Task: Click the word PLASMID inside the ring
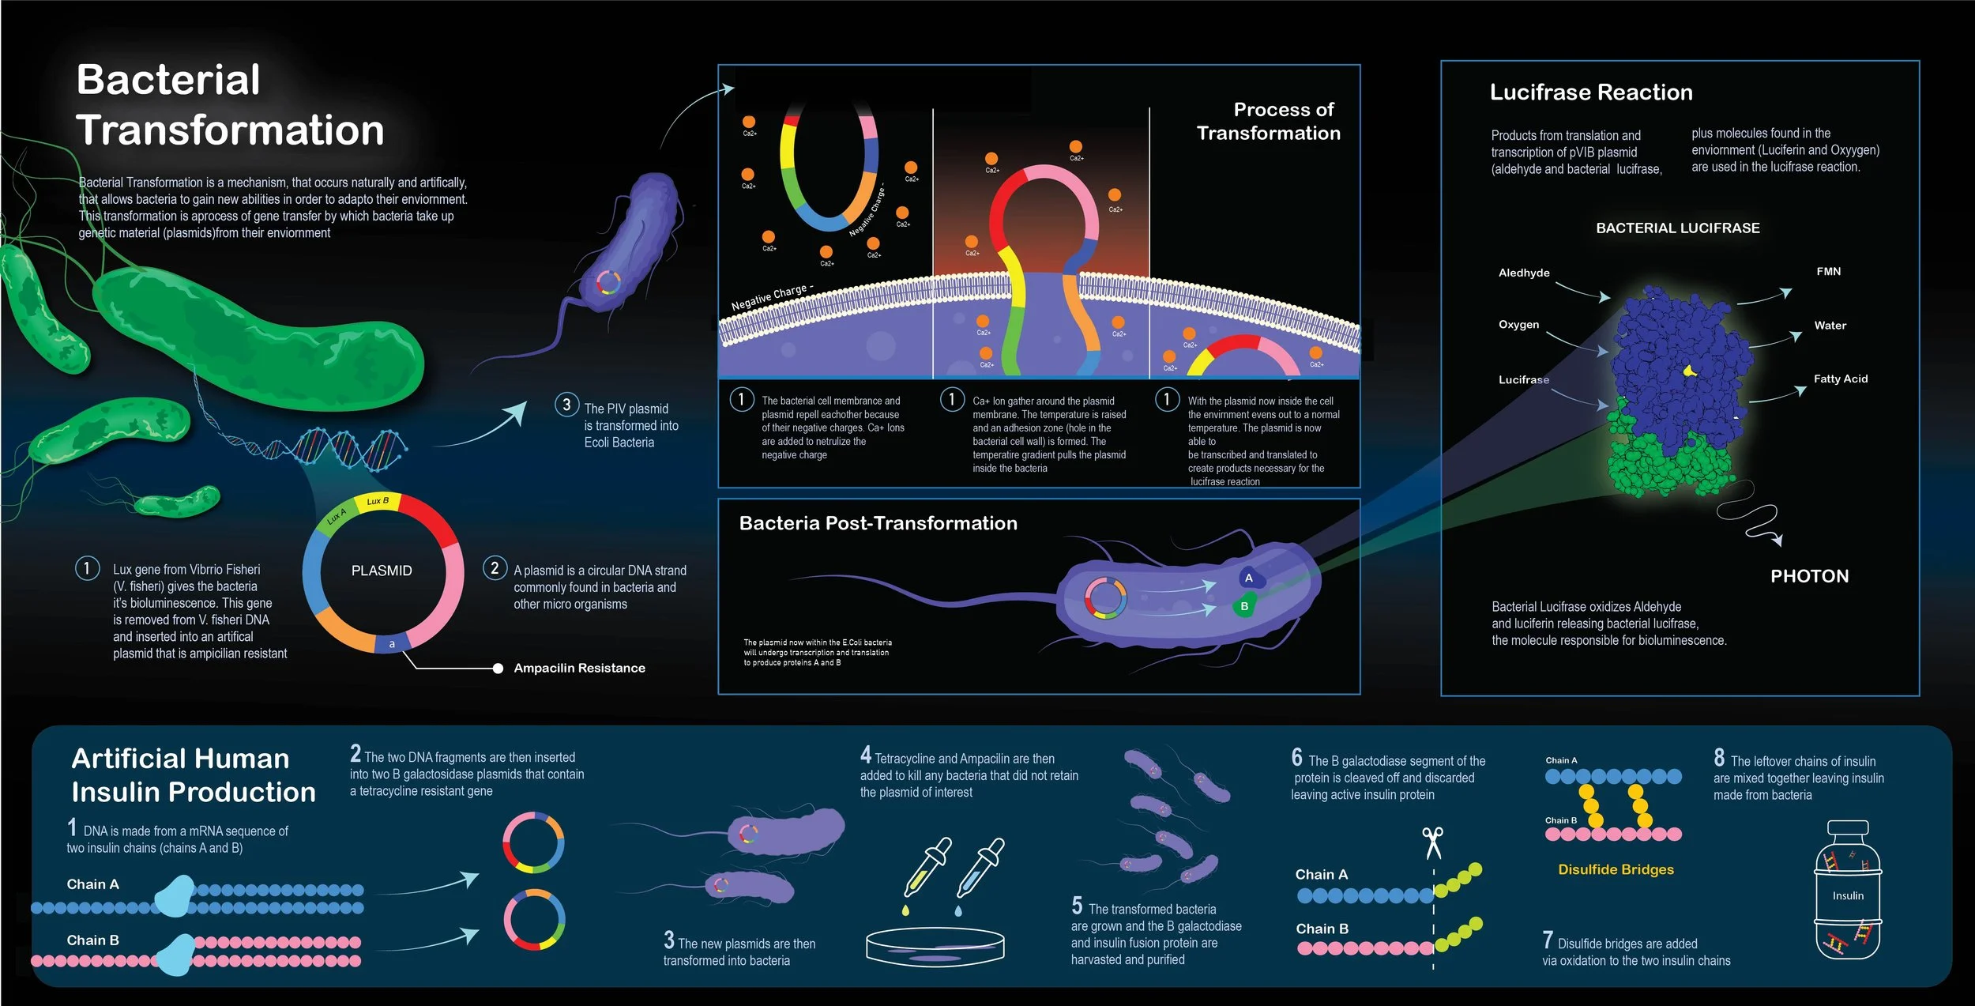382,571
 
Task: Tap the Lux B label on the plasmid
378,501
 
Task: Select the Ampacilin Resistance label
579,668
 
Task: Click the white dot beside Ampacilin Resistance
498,669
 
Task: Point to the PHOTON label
1809,576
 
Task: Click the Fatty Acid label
1840,379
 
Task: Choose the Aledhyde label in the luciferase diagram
1523,273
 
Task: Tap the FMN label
1828,271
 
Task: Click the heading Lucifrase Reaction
1590,92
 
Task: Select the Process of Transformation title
1268,121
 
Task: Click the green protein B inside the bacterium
1244,606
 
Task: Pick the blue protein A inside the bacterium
1249,578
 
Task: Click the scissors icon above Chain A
1432,842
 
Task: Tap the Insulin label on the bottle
1848,895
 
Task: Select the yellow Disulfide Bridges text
1616,869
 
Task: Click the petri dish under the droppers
935,947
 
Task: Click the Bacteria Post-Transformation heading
878,523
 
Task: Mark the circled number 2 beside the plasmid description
495,567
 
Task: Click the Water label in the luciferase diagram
1830,325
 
